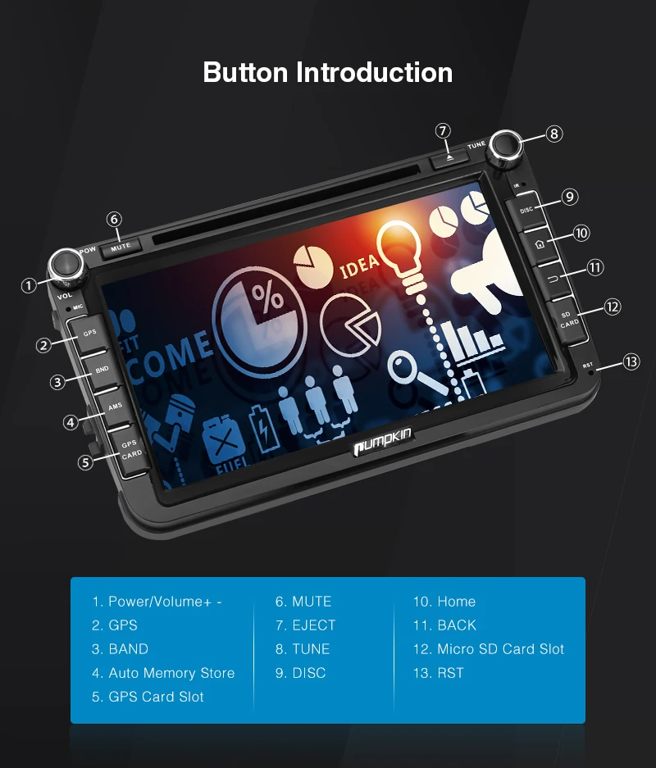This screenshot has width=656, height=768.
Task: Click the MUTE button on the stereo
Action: tap(121, 245)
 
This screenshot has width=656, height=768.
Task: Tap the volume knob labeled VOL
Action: tap(66, 265)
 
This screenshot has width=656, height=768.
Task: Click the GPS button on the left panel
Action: tap(89, 332)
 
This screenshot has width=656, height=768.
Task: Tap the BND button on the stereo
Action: tap(102, 369)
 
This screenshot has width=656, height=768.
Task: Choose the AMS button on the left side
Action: tap(116, 406)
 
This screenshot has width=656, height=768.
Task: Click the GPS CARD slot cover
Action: tap(131, 448)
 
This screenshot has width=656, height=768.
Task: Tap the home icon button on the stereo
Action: tap(539, 243)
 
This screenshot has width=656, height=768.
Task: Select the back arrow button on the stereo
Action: tap(552, 279)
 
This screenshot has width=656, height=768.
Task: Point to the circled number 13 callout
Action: tap(630, 361)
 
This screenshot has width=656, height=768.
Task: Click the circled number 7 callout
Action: tap(443, 130)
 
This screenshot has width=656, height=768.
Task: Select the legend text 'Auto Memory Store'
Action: tap(171, 673)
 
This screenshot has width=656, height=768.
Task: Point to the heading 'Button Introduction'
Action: tap(327, 72)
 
